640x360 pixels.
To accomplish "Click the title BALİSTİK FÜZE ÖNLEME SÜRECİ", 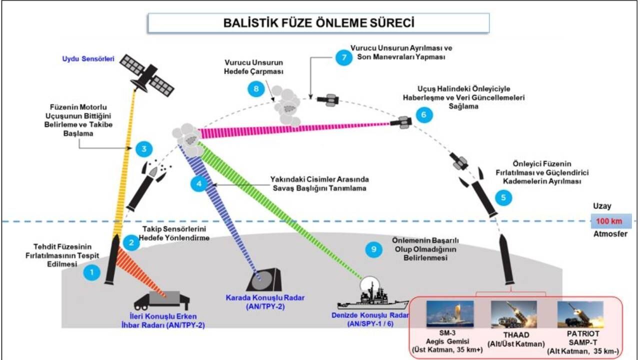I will click(x=318, y=23).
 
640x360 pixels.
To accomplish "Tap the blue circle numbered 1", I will click(x=92, y=272).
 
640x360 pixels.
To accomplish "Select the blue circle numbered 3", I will click(x=143, y=149).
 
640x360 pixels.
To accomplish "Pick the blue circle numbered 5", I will click(x=503, y=197).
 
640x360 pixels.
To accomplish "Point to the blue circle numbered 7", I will click(x=343, y=57).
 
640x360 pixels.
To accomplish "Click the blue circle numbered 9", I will click(x=373, y=249).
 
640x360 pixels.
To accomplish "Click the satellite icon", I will click(x=147, y=75).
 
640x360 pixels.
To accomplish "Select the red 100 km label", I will click(x=610, y=220).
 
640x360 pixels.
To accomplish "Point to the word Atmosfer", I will click(x=610, y=233).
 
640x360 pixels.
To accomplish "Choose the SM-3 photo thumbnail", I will click(x=449, y=314).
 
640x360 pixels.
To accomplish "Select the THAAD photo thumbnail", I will click(x=513, y=314).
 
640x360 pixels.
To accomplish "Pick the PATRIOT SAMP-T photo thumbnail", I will click(x=580, y=314).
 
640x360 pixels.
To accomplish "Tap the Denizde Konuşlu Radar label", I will click(x=370, y=316).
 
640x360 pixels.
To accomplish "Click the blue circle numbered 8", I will click(x=256, y=89).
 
